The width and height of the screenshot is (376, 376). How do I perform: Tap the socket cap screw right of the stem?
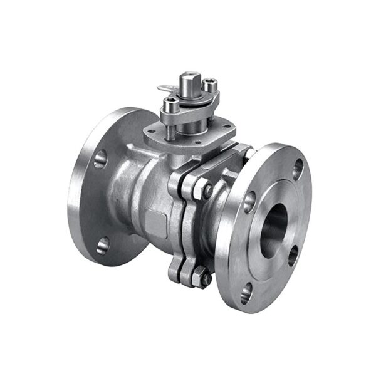click(211, 83)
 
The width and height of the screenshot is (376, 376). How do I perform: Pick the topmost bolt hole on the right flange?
click(298, 169)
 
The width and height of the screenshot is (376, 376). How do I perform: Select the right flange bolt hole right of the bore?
click(293, 254)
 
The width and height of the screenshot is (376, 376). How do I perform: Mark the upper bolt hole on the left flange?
click(100, 159)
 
